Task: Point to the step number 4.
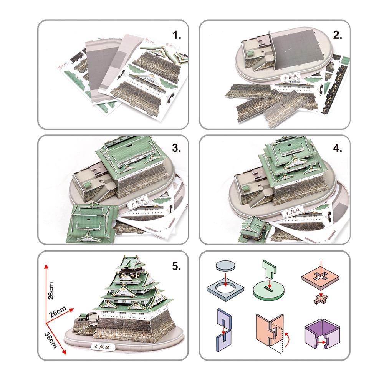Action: click(338, 149)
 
